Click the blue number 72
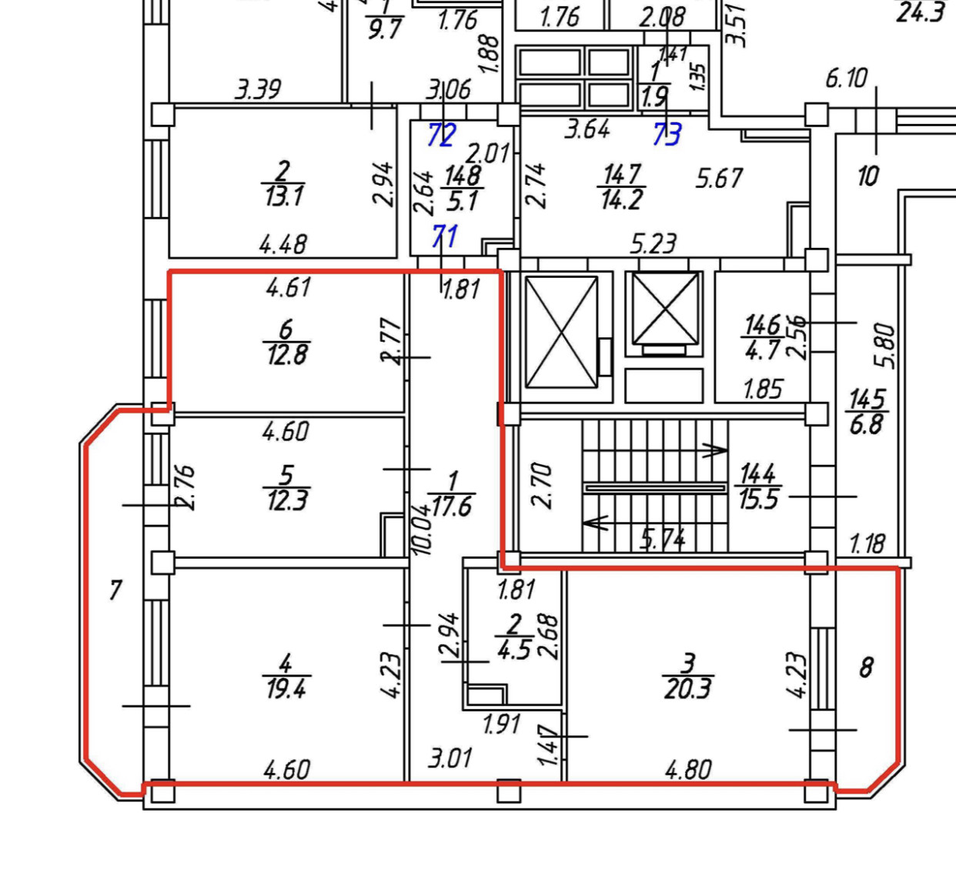(x=442, y=136)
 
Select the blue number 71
(x=445, y=236)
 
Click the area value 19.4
(x=286, y=688)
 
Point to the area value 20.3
(x=687, y=688)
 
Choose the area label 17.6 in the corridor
(x=452, y=506)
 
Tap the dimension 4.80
(x=687, y=769)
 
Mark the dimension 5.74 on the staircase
(x=664, y=539)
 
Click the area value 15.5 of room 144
(x=758, y=500)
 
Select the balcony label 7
(x=115, y=591)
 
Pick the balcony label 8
(x=866, y=667)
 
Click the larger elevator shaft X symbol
(x=561, y=333)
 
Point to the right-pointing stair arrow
(x=714, y=450)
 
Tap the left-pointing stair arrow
(x=596, y=523)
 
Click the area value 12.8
(x=286, y=355)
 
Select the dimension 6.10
(x=846, y=78)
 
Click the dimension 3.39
(x=258, y=90)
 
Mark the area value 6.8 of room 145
(x=866, y=424)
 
